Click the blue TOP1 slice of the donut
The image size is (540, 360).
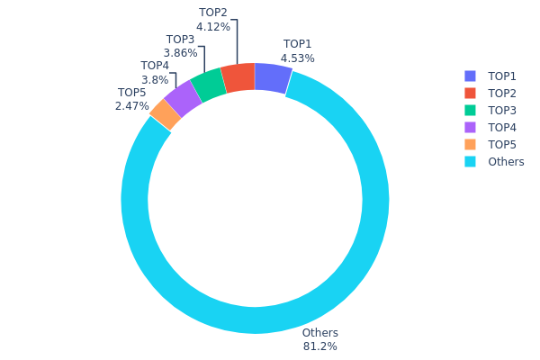coord(273,78)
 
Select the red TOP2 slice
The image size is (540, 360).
coord(238,79)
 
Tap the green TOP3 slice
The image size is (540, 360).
coord(208,86)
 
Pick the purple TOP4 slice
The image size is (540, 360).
coord(183,99)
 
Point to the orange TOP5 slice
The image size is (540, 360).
coord(165,114)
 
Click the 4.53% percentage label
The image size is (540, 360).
coord(297,58)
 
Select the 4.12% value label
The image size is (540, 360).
coord(213,28)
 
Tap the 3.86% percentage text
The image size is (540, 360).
coord(181,53)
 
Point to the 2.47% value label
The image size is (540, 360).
coord(131,106)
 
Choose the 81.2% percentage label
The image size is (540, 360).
coord(319,346)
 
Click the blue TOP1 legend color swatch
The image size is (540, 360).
coord(470,76)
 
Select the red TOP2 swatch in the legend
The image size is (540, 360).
coord(470,94)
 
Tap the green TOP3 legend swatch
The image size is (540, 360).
coord(470,111)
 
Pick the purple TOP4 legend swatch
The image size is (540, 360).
coord(470,128)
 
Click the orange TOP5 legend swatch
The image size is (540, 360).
coord(470,145)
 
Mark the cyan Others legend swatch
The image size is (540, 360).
coord(470,162)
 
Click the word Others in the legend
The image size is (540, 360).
coord(506,162)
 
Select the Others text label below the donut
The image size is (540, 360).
coord(319,333)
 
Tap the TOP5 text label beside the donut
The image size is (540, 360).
coord(131,93)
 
